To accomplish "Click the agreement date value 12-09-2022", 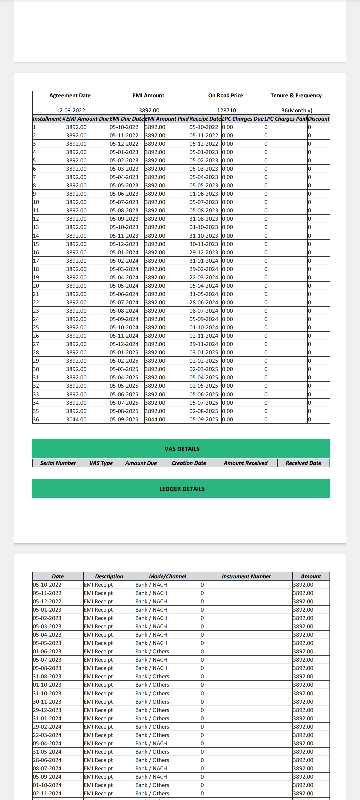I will click(x=71, y=110).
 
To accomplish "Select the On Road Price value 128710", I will click(x=226, y=110).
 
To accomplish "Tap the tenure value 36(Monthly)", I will click(x=297, y=110).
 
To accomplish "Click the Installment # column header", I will click(x=49, y=119).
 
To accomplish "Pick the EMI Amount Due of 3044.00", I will click(x=76, y=419).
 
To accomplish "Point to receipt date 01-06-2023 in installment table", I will click(x=204, y=194).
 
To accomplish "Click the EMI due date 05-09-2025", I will click(x=124, y=419).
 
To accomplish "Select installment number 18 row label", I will click(x=36, y=269).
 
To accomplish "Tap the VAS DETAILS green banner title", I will click(x=182, y=449).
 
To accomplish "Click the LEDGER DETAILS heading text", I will click(x=182, y=489).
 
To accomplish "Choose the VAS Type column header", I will click(x=101, y=463).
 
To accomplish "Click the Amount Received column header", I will click(x=245, y=463).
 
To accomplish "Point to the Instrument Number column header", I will click(x=246, y=576).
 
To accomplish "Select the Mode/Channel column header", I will click(x=167, y=576).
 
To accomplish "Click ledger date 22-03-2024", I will click(x=47, y=735).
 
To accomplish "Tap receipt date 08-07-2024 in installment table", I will click(x=204, y=311).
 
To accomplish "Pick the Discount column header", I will click(x=318, y=119).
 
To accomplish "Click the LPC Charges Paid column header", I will click(x=285, y=119).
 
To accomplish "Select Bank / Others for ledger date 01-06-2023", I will click(x=152, y=651).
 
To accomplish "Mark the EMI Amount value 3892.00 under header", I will click(x=149, y=110).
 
